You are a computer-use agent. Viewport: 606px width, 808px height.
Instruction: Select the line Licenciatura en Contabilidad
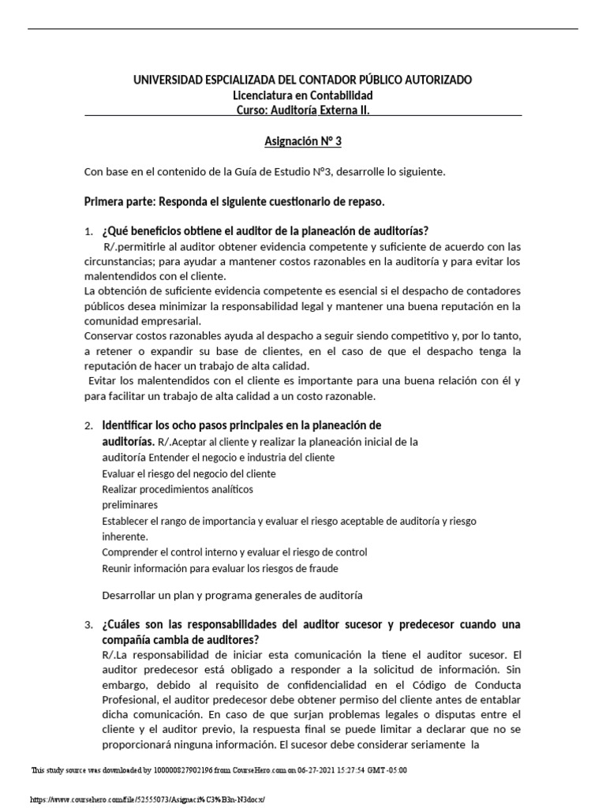pyautogui.click(x=303, y=95)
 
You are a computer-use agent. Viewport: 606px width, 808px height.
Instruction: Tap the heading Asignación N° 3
pyautogui.click(x=303, y=142)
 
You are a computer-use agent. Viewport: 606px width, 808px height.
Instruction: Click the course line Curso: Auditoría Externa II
pyautogui.click(x=303, y=110)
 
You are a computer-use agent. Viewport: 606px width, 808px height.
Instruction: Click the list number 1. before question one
pyautogui.click(x=88, y=231)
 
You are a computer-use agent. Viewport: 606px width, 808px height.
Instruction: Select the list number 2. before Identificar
pyautogui.click(x=88, y=426)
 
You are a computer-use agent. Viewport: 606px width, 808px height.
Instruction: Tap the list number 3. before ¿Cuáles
pyautogui.click(x=88, y=625)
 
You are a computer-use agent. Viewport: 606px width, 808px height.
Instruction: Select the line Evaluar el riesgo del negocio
pyautogui.click(x=189, y=473)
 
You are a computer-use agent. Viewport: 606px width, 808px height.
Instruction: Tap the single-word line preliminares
pyautogui.click(x=130, y=504)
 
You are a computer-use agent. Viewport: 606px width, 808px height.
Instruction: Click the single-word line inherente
pyautogui.click(x=125, y=536)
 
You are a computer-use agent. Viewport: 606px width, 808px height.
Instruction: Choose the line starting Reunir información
pyautogui.click(x=220, y=567)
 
